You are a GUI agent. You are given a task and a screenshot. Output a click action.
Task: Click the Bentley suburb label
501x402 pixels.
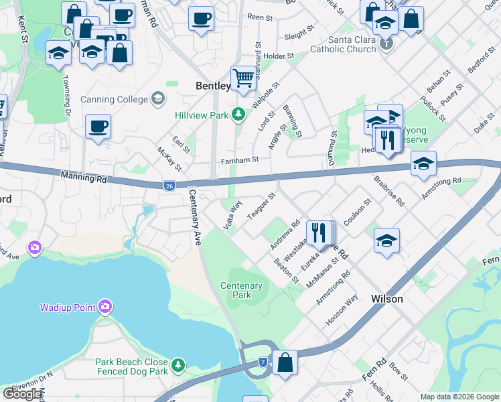pyautogui.click(x=213, y=86)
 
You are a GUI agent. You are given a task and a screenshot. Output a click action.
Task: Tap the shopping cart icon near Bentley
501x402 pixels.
pyautogui.click(x=244, y=78)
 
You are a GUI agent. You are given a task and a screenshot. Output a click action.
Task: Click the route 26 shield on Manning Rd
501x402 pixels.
pyautogui.click(x=171, y=186)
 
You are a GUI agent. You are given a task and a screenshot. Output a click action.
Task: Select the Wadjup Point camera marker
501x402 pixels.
pyautogui.click(x=104, y=308)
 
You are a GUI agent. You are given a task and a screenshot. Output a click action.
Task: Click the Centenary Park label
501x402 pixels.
pyautogui.click(x=241, y=290)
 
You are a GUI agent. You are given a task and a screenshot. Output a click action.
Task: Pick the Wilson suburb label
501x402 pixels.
pyautogui.click(x=387, y=299)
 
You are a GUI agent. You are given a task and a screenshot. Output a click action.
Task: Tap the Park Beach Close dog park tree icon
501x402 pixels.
pyautogui.click(x=178, y=365)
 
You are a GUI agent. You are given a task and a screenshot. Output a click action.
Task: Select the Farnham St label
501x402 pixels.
pyautogui.click(x=240, y=160)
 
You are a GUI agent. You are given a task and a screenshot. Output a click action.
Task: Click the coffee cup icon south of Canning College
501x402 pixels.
pyautogui.click(x=98, y=126)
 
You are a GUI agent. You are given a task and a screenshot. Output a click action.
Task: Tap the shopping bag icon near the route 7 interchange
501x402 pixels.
pyautogui.click(x=285, y=362)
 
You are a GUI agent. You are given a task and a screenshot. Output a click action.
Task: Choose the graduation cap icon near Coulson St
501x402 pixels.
pyautogui.click(x=386, y=241)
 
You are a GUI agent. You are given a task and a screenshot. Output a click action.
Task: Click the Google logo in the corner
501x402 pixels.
pyautogui.click(x=22, y=394)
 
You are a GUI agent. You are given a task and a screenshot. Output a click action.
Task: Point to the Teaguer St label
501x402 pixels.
pyautogui.click(x=261, y=206)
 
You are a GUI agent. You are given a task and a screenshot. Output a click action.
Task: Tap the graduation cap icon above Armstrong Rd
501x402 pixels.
pyautogui.click(x=423, y=163)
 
